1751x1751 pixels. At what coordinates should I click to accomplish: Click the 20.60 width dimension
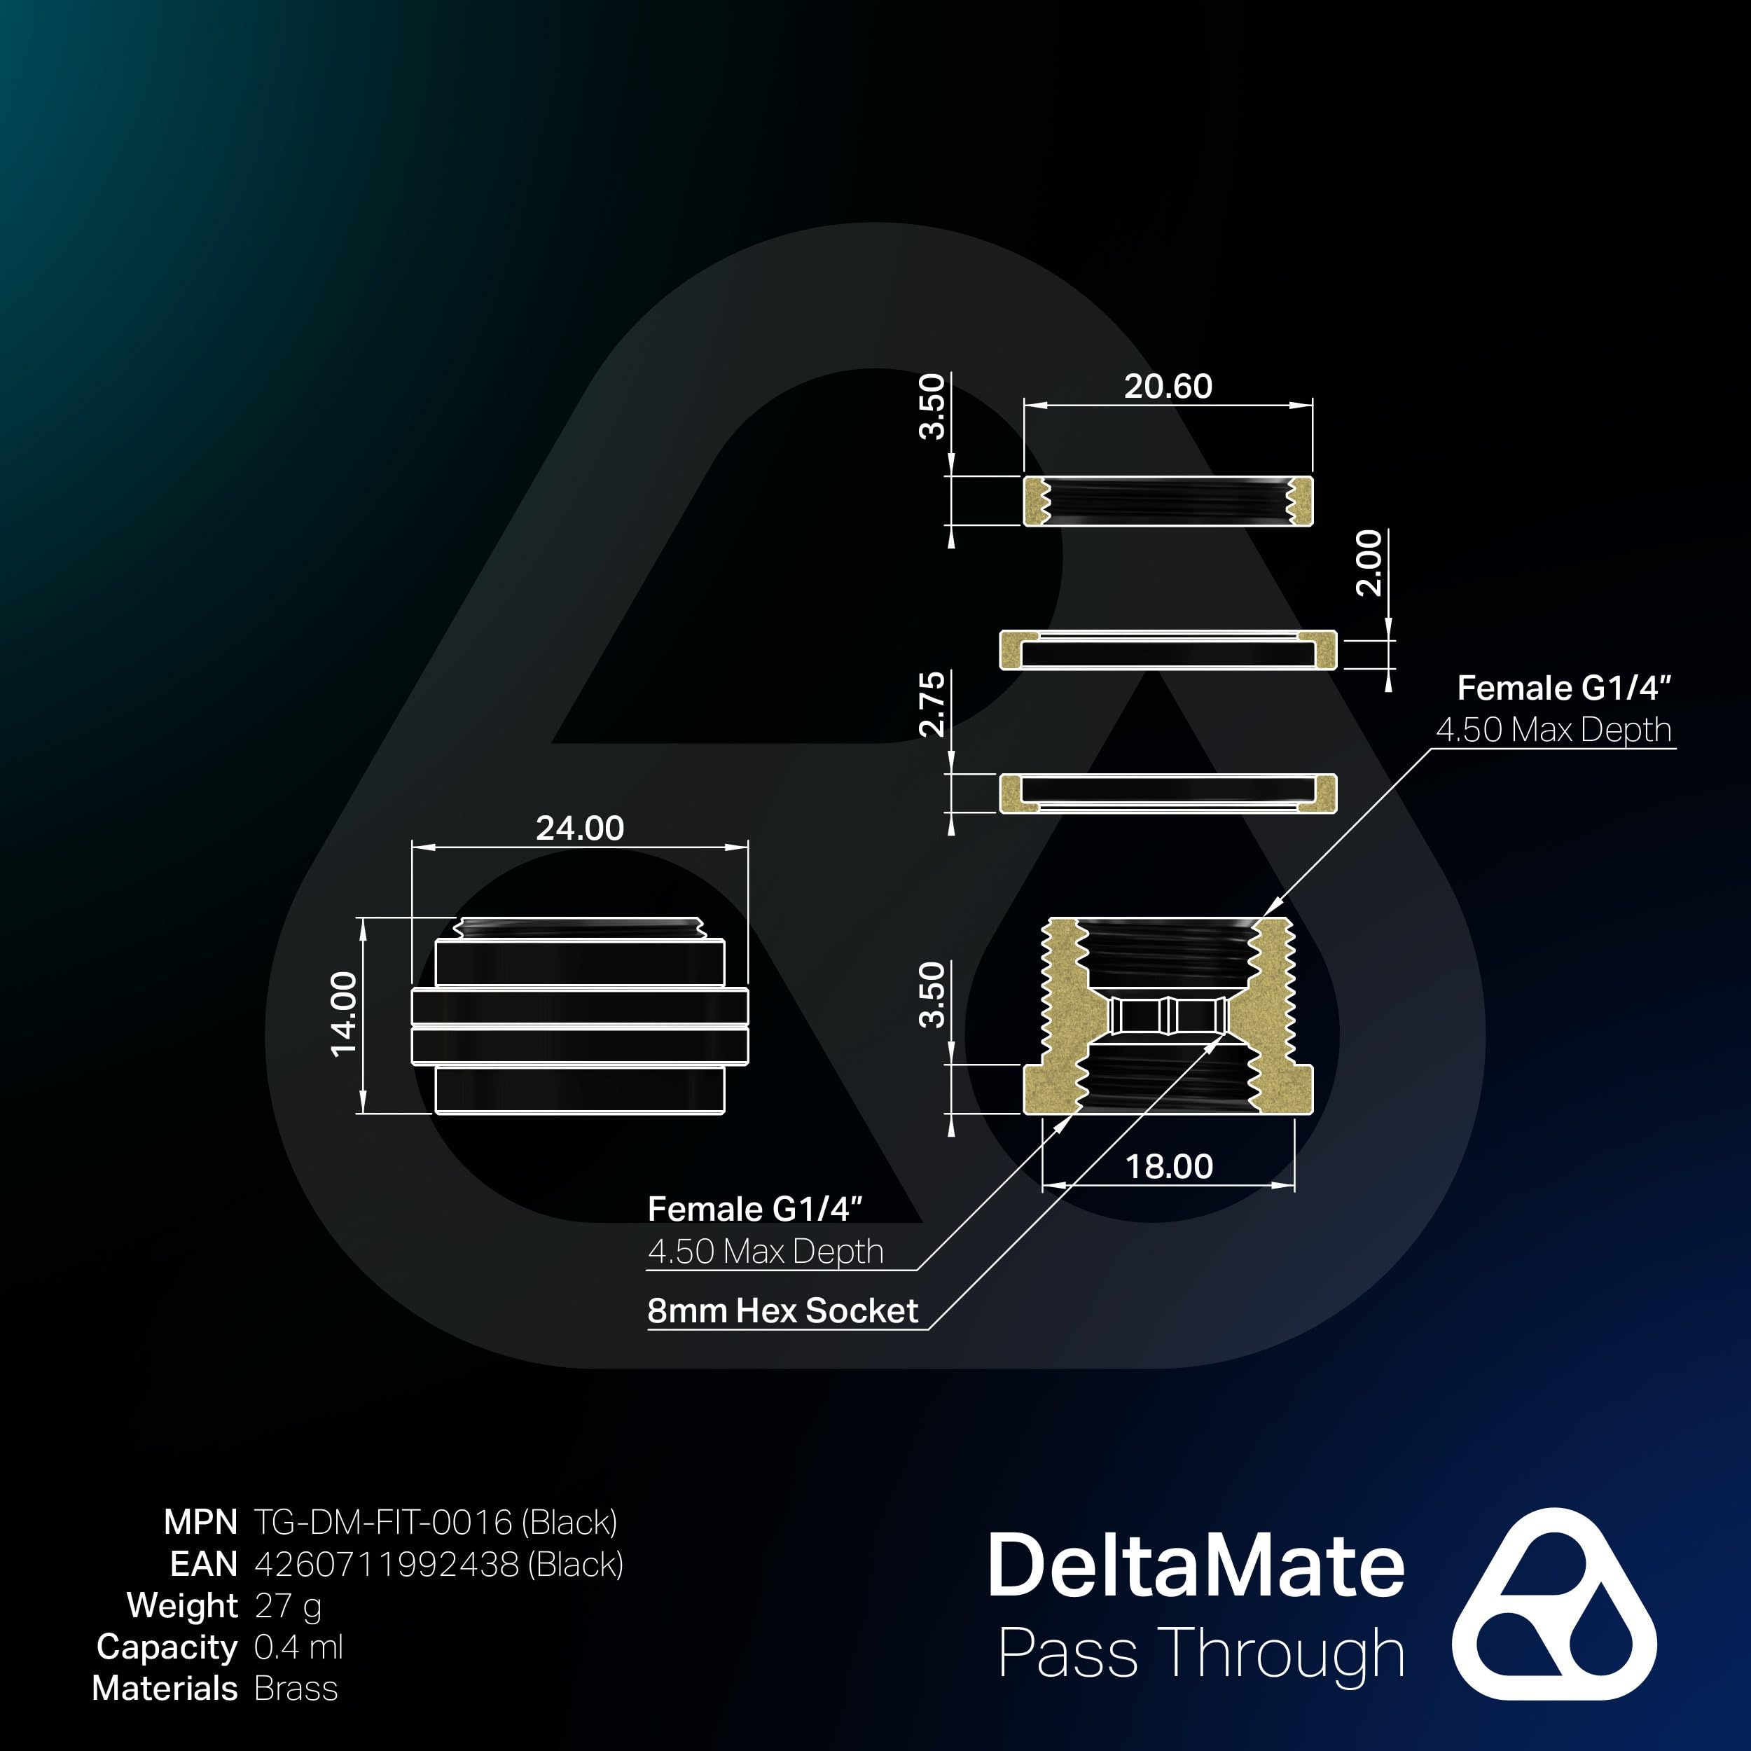click(1168, 387)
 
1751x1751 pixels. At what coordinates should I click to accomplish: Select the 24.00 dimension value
click(579, 829)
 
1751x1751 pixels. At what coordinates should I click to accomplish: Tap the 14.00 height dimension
click(345, 1014)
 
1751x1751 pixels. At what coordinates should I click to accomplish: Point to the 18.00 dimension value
click(1168, 1166)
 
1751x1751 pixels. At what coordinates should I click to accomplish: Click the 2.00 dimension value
click(1369, 563)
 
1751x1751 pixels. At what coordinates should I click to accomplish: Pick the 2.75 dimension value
click(932, 704)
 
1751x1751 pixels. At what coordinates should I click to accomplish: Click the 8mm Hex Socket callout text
click(782, 1310)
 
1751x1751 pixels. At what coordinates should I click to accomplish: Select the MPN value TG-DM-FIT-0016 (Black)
click(435, 1522)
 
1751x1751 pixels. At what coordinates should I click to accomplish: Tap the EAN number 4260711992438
click(438, 1563)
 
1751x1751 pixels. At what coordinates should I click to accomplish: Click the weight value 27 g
click(287, 1605)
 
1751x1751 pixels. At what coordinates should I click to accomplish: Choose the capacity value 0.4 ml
click(298, 1647)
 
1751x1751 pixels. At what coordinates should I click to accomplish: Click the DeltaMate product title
click(1196, 1565)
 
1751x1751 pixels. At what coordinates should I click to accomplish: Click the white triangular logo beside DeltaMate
click(1553, 1603)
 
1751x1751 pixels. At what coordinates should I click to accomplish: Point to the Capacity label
click(167, 1647)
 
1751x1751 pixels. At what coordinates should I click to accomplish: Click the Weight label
click(182, 1605)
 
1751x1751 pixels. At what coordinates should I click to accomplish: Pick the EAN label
click(203, 1563)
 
